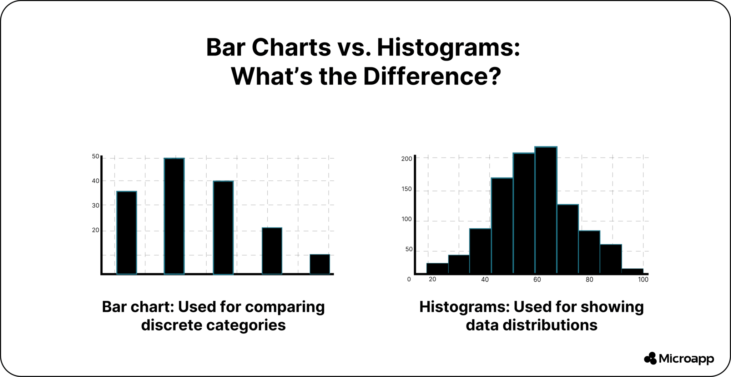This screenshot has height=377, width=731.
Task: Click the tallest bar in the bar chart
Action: pyautogui.click(x=174, y=216)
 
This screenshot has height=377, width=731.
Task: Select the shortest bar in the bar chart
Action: pyautogui.click(x=319, y=264)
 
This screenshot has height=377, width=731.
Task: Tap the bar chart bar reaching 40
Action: pyautogui.click(x=223, y=228)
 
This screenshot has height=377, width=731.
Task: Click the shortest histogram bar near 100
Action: pyautogui.click(x=632, y=271)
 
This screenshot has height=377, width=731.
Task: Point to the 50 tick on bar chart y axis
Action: pyautogui.click(x=96, y=157)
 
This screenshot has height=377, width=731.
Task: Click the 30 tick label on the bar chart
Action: pyautogui.click(x=96, y=205)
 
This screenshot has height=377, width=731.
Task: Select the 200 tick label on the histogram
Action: pyautogui.click(x=407, y=159)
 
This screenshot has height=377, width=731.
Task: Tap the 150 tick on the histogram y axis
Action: pyautogui.click(x=407, y=189)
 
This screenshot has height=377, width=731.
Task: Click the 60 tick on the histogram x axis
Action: pyautogui.click(x=537, y=279)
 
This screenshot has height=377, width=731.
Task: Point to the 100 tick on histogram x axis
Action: pyautogui.click(x=643, y=279)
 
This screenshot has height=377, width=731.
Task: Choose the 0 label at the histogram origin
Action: pyautogui.click(x=409, y=279)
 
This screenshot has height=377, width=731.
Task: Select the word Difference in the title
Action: pyautogui.click(x=432, y=76)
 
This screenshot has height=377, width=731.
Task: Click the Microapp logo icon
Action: pyautogui.click(x=650, y=358)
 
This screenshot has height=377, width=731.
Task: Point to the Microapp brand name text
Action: pyautogui.click(x=686, y=359)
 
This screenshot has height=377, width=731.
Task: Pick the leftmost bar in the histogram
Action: pyautogui.click(x=437, y=268)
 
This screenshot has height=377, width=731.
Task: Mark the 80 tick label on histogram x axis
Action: pyautogui.click(x=589, y=279)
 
